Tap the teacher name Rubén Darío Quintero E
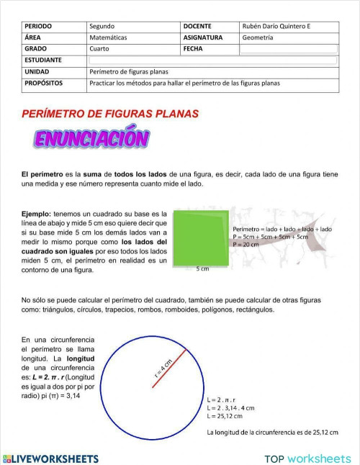[281, 26]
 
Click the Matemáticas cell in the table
[109, 37]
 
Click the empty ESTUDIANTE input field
[212, 60]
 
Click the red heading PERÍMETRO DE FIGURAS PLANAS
[110, 114]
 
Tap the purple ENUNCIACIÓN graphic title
[91, 138]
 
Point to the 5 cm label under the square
[202, 268]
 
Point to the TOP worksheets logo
[307, 459]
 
